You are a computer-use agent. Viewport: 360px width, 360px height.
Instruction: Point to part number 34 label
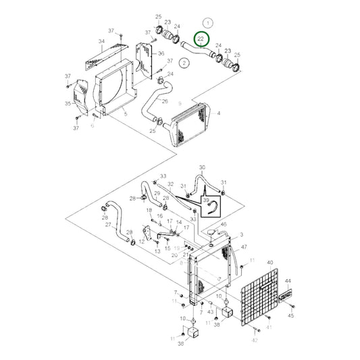(102, 41)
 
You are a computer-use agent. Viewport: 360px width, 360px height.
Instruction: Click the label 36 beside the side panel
(161, 53)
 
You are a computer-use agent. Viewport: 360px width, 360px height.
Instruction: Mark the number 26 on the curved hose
(164, 101)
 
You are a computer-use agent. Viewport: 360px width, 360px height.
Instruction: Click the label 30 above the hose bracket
(201, 167)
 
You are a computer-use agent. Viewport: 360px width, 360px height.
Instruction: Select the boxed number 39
(207, 201)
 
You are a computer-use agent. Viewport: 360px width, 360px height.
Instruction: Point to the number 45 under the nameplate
(292, 315)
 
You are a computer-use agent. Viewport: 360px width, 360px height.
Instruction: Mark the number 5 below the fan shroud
(126, 115)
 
